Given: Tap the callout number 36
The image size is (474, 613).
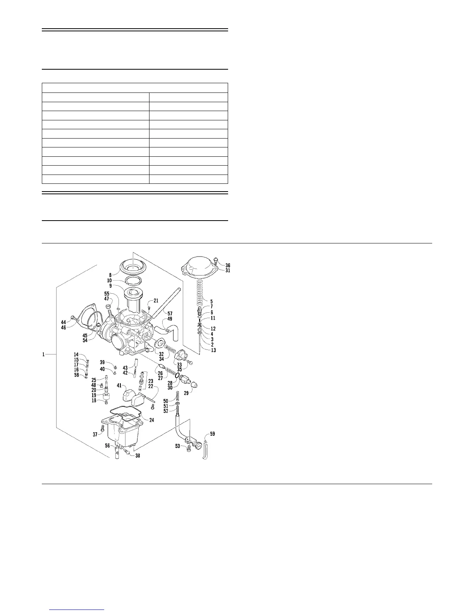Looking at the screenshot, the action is point(228,265).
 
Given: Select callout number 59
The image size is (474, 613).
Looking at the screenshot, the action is point(212,434).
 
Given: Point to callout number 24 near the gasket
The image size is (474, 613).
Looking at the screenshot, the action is point(151,420).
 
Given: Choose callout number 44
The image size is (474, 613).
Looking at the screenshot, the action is point(63,322).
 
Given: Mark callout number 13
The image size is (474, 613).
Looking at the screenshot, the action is point(213,350).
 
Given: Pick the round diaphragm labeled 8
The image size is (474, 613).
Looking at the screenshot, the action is point(133,267).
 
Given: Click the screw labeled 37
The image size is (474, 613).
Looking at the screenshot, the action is point(103,429).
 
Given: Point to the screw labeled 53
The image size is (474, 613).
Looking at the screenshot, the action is point(189,449).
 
